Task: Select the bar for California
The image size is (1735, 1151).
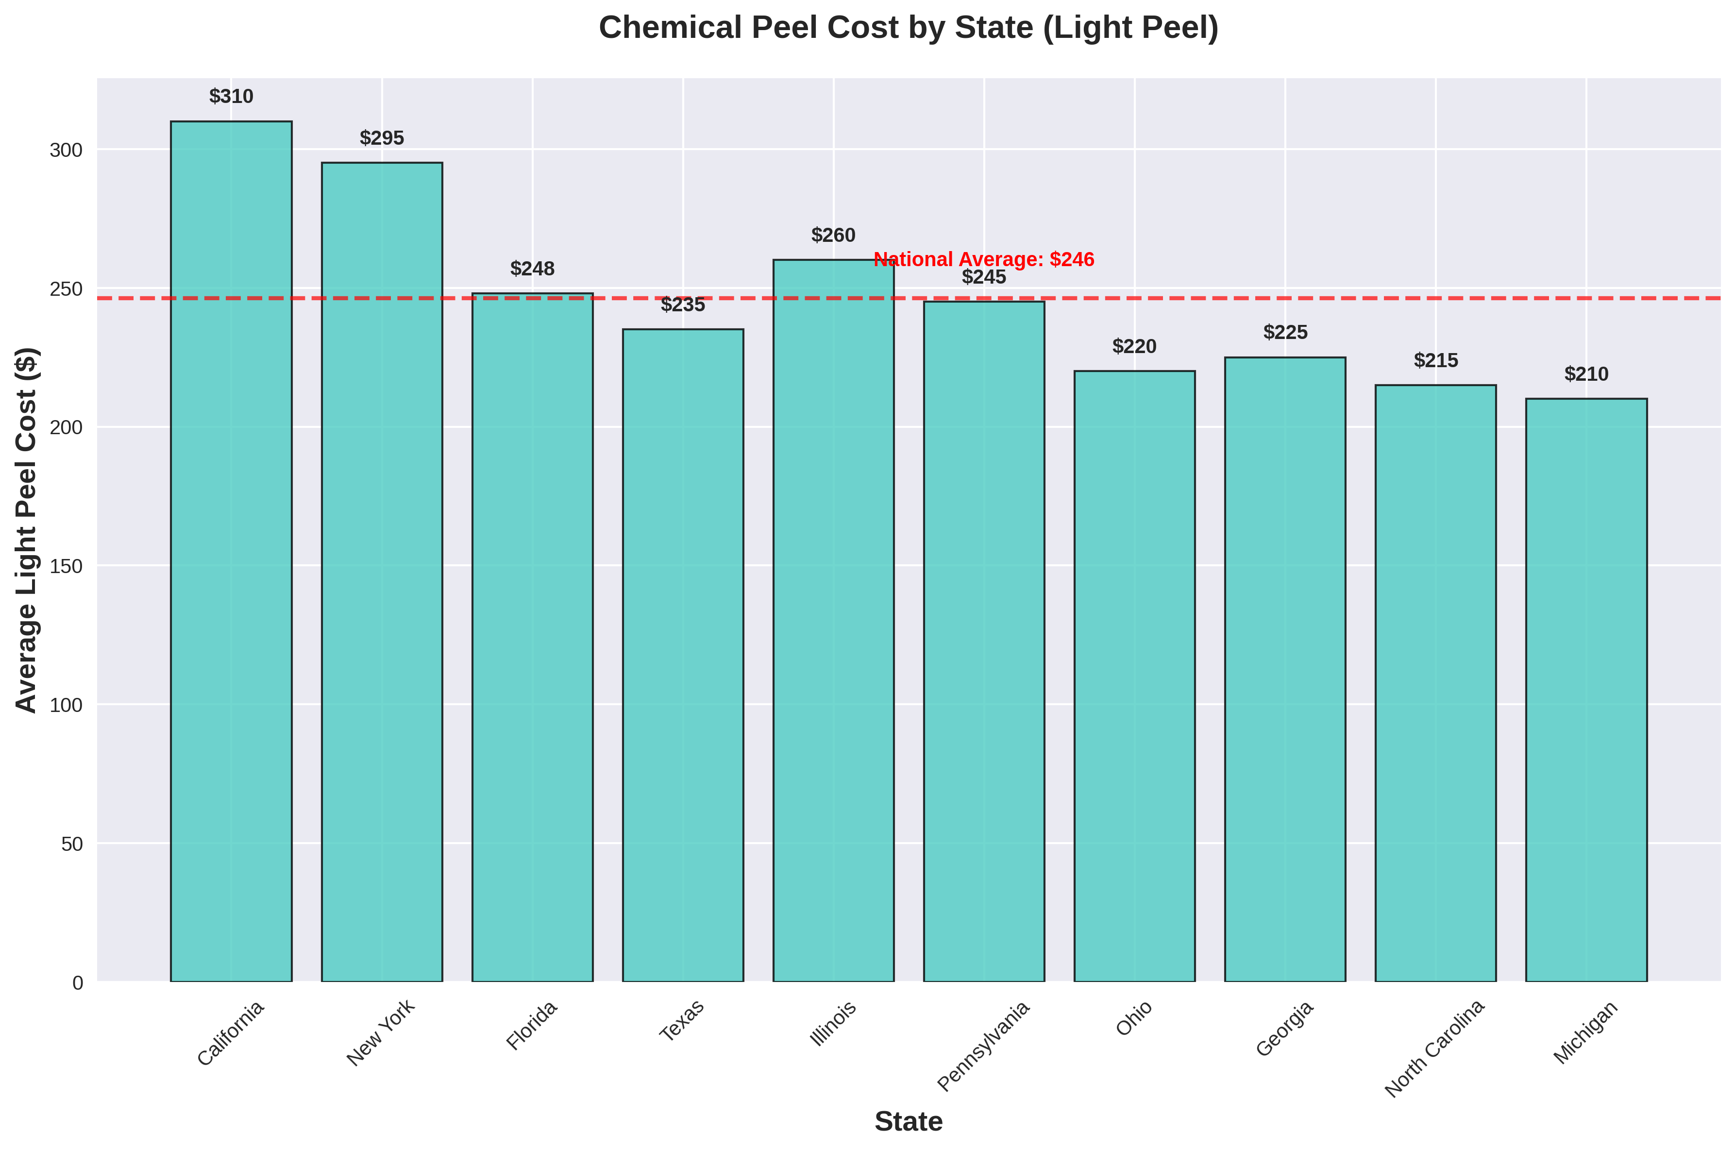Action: click(x=231, y=551)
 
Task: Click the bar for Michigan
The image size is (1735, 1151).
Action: click(x=1586, y=690)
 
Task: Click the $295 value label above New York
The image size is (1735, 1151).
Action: click(x=382, y=138)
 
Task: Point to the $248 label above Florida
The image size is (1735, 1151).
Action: click(x=532, y=269)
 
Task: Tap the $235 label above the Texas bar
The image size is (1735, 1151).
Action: click(x=683, y=305)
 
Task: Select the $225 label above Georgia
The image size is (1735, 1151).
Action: click(x=1285, y=333)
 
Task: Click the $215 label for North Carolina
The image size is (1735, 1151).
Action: click(x=1435, y=360)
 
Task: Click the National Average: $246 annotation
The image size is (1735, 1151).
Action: click(x=983, y=259)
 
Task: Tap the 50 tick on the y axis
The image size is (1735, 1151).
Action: click(x=72, y=844)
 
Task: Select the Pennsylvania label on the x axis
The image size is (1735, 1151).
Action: click(x=983, y=1046)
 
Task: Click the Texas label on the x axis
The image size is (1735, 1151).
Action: click(x=683, y=1020)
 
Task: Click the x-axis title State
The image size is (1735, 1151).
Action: click(x=908, y=1122)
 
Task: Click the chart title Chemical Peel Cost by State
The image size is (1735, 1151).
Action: click(x=908, y=28)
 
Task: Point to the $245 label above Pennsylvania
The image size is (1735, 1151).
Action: click(x=983, y=277)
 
